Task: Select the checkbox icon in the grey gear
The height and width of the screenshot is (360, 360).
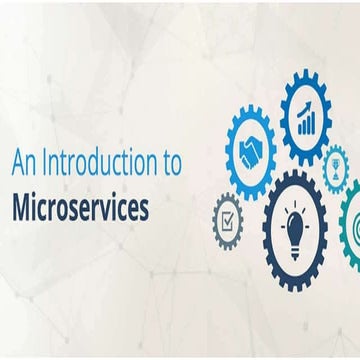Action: (x=229, y=217)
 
